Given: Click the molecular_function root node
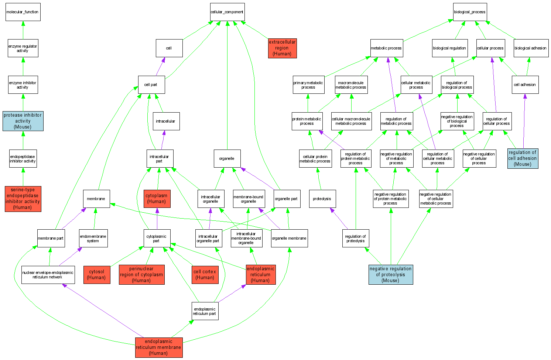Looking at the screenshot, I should click(x=23, y=12).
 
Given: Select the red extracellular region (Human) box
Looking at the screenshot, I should click(x=282, y=48).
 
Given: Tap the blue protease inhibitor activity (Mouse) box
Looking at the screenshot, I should click(x=23, y=121).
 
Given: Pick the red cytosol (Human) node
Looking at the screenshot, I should click(x=97, y=275).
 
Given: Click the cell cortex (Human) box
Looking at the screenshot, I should click(x=205, y=275).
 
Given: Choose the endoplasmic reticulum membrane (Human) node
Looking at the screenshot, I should click(x=158, y=347).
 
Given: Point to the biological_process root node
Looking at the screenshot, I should click(x=470, y=12).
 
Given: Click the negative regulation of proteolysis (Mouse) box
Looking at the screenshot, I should click(x=390, y=275).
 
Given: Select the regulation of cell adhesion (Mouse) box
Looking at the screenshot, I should click(x=523, y=158).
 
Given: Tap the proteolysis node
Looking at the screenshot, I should click(x=322, y=199).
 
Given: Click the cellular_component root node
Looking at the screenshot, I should click(x=227, y=12).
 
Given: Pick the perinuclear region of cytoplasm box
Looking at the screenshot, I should click(x=141, y=275).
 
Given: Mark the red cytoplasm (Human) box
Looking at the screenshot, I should click(x=157, y=199).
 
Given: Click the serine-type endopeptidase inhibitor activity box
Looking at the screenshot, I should click(x=23, y=199).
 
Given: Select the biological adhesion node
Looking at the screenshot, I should click(x=530, y=48).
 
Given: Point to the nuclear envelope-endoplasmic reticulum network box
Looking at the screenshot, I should click(x=48, y=275).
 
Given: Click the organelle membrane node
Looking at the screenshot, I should click(x=289, y=238).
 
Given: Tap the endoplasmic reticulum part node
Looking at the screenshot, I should click(x=205, y=311).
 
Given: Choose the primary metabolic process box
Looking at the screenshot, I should click(x=308, y=85).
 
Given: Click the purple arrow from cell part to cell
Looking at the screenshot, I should click(x=160, y=66).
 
